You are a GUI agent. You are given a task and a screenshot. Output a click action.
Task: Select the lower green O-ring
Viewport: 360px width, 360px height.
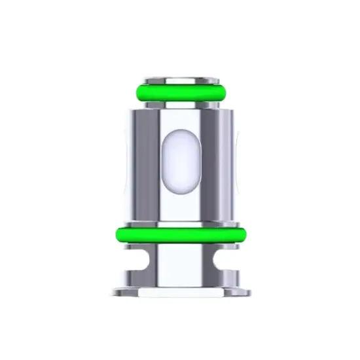pos(179,234)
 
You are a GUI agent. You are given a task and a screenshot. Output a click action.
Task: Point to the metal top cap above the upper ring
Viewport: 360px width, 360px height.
pos(179,79)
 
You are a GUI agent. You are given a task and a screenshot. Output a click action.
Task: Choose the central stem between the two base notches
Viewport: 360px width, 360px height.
pos(179,265)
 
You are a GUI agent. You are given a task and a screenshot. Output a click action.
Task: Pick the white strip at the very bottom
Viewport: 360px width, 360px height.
pos(179,299)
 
